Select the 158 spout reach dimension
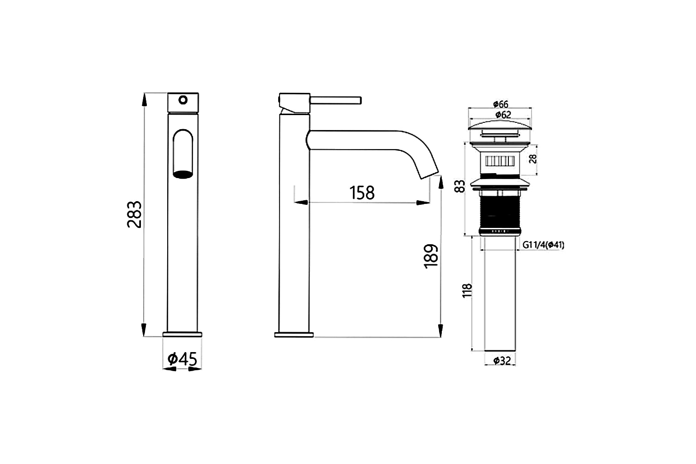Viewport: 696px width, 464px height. (x=362, y=193)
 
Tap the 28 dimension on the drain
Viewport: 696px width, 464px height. (x=533, y=159)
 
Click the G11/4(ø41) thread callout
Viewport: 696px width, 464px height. (x=543, y=245)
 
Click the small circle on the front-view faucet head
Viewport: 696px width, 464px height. (x=183, y=99)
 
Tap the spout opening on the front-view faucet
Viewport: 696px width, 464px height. (x=183, y=174)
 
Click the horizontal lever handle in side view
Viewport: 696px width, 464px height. (x=335, y=100)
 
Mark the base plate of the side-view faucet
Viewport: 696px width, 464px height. (x=294, y=335)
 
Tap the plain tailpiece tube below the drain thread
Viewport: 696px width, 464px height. (x=500, y=295)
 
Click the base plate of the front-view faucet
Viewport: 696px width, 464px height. (x=183, y=334)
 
